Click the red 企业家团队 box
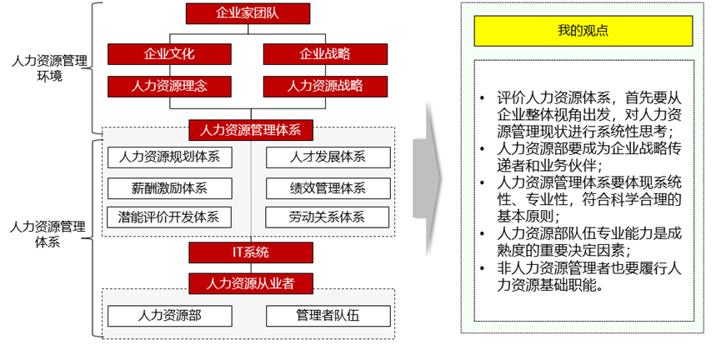click(x=248, y=13)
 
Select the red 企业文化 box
click(x=169, y=54)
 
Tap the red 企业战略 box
click(x=325, y=54)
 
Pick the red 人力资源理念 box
click(x=169, y=86)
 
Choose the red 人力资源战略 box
click(x=325, y=86)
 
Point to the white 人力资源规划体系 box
click(x=169, y=157)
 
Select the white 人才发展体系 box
click(x=328, y=157)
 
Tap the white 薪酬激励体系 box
click(x=169, y=187)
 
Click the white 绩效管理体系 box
click(x=328, y=187)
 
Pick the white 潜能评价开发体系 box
click(x=169, y=217)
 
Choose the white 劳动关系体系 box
click(x=328, y=217)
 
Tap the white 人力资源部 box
click(x=169, y=316)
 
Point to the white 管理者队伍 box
click(x=328, y=316)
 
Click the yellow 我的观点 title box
click(x=583, y=32)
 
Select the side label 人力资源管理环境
click(x=48, y=67)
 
